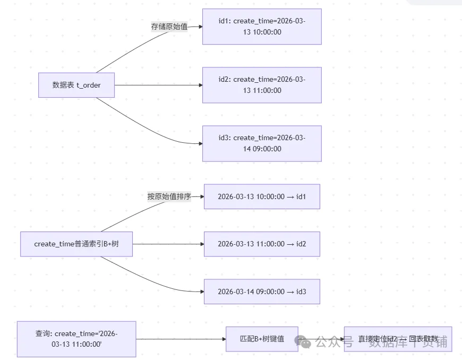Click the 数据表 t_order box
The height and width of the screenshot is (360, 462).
[76, 85]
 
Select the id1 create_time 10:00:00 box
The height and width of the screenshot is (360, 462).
[262, 27]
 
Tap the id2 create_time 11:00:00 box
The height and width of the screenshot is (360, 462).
[262, 85]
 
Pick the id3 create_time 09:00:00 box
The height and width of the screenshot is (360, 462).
[262, 143]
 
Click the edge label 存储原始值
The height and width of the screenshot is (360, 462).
[169, 27]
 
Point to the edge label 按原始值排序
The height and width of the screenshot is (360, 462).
[169, 196]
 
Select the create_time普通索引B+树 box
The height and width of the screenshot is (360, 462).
[76, 244]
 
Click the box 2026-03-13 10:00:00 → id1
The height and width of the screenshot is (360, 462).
[262, 196]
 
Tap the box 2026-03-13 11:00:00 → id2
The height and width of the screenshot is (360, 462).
[262, 244]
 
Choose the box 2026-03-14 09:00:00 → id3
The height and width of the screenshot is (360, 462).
[262, 292]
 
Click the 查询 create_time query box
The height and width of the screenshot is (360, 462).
[76, 339]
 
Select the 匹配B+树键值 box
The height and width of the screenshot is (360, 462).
[262, 339]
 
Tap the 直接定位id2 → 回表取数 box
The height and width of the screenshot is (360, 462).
[398, 339]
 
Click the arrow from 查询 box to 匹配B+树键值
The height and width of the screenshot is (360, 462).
[181, 339]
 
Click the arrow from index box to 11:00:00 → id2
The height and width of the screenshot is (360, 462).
[168, 244]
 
